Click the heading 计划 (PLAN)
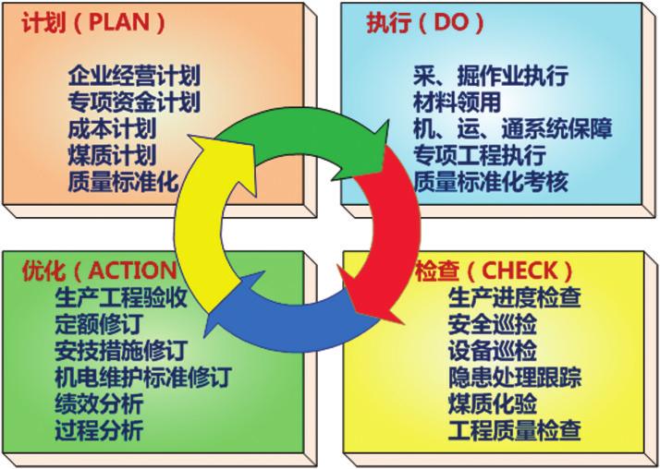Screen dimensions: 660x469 coord(93,22)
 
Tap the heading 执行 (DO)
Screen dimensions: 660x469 coord(425,22)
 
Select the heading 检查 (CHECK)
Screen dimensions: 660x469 coord(494,271)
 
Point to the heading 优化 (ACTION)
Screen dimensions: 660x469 coord(99,271)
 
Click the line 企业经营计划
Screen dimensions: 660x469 coord(134,76)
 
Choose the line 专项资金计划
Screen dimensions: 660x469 coord(134,102)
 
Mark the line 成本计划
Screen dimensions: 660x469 coord(113,128)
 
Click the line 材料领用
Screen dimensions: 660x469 coord(458,102)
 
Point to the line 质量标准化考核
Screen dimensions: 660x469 coord(491,182)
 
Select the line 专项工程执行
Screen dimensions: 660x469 coord(480,155)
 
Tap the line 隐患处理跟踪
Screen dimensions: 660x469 coord(515,377)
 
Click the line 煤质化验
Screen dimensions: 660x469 coord(493,403)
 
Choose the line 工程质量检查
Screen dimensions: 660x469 coord(515,430)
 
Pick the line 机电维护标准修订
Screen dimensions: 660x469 coord(143,377)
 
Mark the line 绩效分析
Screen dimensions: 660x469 coord(99,403)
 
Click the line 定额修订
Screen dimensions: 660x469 coord(99,324)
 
